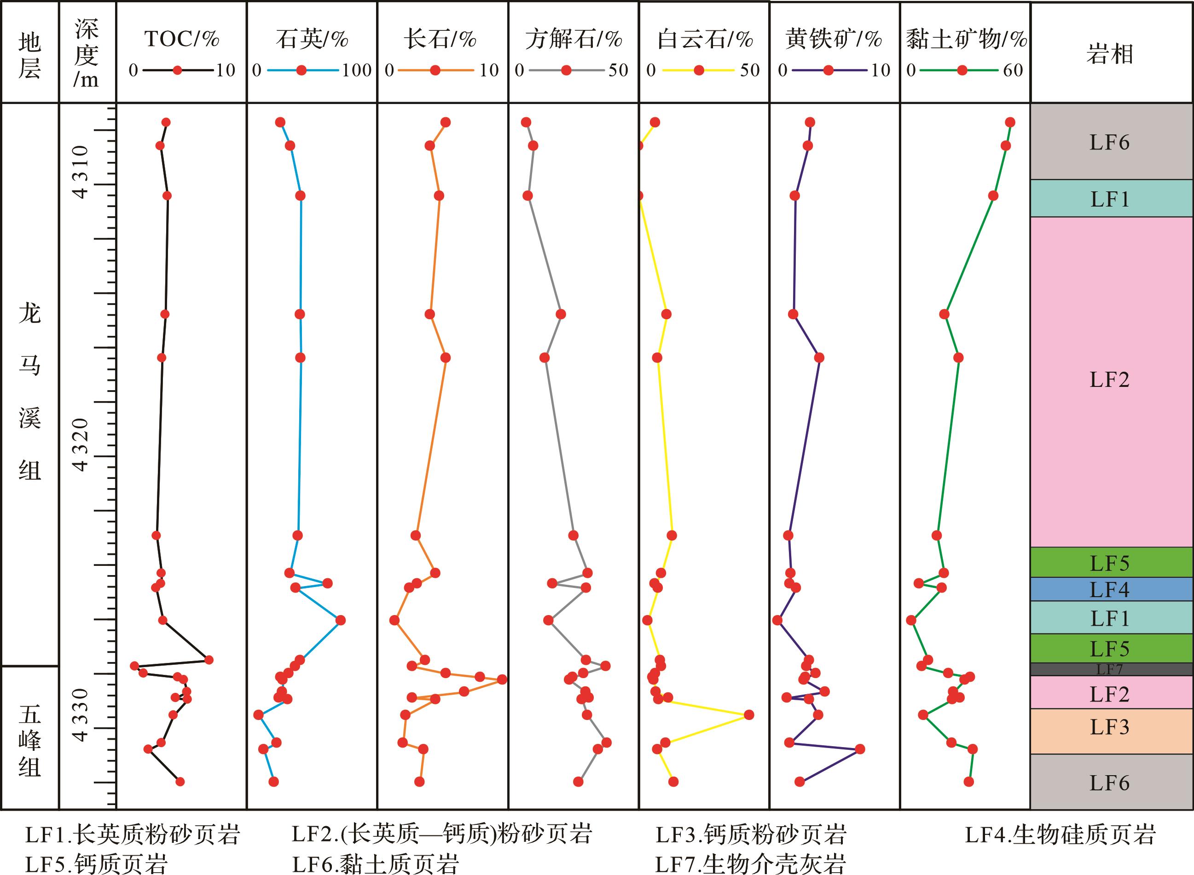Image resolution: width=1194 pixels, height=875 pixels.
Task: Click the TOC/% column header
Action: point(181,39)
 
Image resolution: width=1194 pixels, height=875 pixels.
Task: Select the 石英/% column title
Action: point(312,39)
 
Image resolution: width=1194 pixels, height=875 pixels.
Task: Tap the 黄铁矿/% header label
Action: point(834,39)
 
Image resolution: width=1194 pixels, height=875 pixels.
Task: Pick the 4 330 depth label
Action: point(81,715)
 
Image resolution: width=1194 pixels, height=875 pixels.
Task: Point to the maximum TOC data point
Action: point(209,659)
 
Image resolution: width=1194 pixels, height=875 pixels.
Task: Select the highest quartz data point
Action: point(341,620)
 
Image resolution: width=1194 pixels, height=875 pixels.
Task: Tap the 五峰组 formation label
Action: point(29,741)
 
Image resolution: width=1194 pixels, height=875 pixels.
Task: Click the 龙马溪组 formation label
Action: point(29,392)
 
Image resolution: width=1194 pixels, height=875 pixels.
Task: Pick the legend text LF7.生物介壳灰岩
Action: point(750,864)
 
